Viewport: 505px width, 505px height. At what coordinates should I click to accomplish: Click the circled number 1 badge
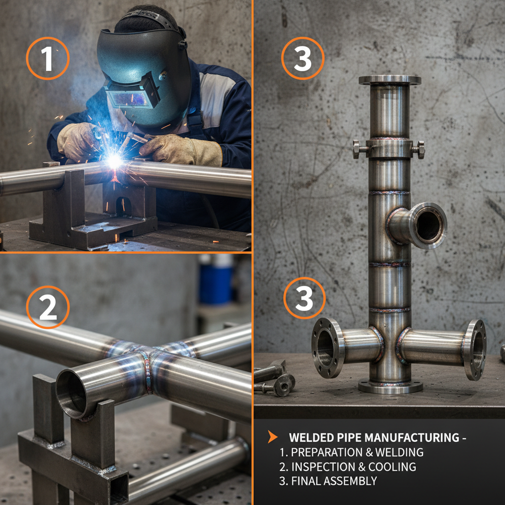coord(47,59)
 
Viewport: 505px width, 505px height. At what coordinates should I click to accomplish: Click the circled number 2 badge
coord(47,307)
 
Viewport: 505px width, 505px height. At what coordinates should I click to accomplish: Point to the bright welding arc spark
coord(115,160)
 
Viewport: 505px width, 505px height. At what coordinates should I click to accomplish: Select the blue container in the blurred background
coord(216,285)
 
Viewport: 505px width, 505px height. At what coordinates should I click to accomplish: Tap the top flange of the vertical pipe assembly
coord(390,80)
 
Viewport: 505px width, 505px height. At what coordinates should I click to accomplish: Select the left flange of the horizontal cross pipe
coord(327,348)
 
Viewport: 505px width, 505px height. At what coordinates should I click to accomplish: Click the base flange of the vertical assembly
coord(390,386)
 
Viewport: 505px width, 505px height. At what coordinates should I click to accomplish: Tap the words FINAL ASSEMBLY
coord(334,481)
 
